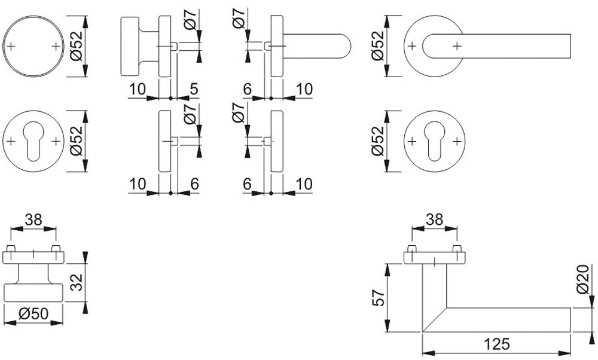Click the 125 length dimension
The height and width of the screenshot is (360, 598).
[497, 344]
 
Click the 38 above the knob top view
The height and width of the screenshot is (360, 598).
[33, 219]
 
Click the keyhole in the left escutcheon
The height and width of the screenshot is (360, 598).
[33, 141]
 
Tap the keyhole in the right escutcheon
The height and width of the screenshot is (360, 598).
[434, 141]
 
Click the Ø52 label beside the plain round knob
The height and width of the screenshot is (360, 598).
[76, 45]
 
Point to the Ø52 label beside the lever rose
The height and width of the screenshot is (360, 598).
[377, 45]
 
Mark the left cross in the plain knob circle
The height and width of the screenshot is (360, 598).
[12, 46]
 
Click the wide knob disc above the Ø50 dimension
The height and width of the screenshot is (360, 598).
[33, 293]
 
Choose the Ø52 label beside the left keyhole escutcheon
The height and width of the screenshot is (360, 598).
[76, 141]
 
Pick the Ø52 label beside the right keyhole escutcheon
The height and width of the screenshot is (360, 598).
[377, 141]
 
